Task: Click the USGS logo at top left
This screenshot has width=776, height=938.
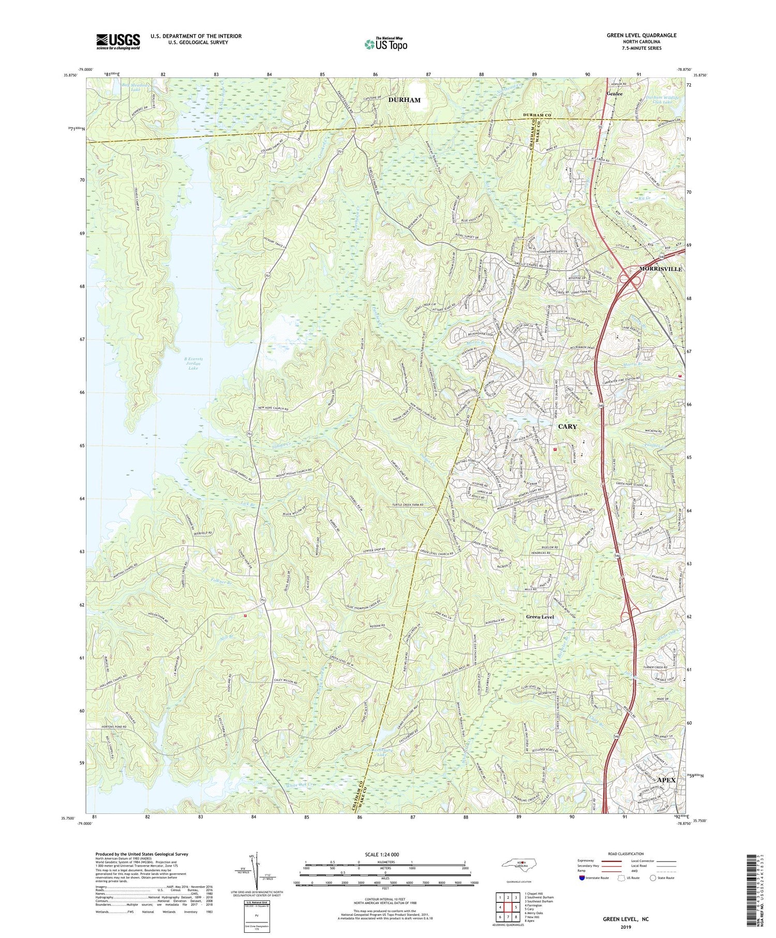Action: pyautogui.click(x=118, y=42)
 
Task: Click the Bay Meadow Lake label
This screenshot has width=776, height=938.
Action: pyautogui.click(x=129, y=86)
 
